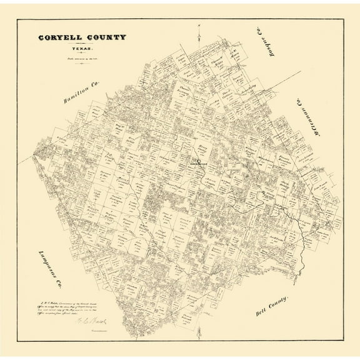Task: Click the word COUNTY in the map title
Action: click(x=106, y=37)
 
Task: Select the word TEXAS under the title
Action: click(x=81, y=48)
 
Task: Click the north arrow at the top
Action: click(x=196, y=28)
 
